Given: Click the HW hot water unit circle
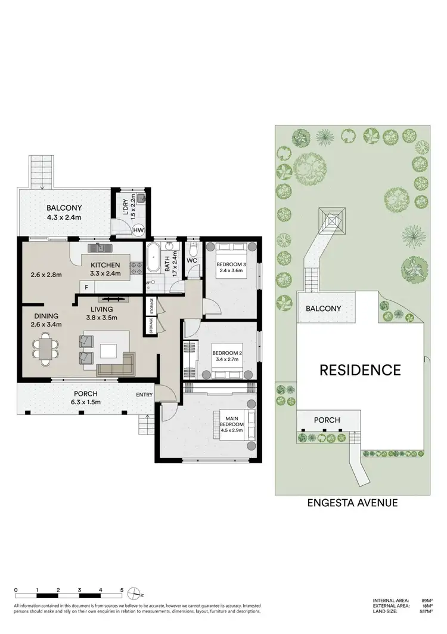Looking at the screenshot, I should [x=138, y=230].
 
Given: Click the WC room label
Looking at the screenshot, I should [x=192, y=261].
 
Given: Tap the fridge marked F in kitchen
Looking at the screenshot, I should [x=86, y=287].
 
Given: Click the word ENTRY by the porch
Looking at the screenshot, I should [x=144, y=395].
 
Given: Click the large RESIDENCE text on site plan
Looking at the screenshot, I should [x=360, y=370].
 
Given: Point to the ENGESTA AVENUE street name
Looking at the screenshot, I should [x=352, y=503].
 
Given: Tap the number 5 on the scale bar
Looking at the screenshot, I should [x=122, y=590].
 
